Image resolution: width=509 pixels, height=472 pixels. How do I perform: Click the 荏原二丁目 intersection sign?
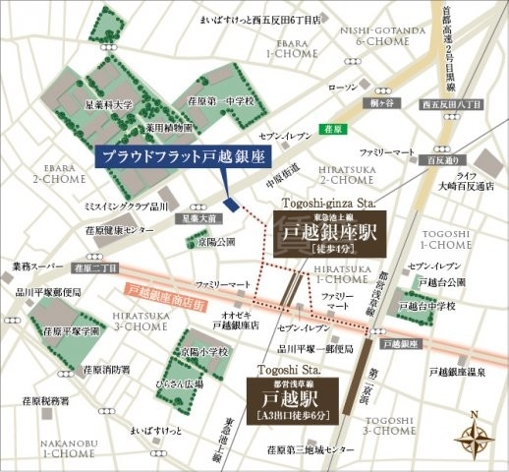pyautogui.click(x=97, y=267)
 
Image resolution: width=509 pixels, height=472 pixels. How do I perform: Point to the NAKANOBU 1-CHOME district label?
pyautogui.click(x=36, y=447)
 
